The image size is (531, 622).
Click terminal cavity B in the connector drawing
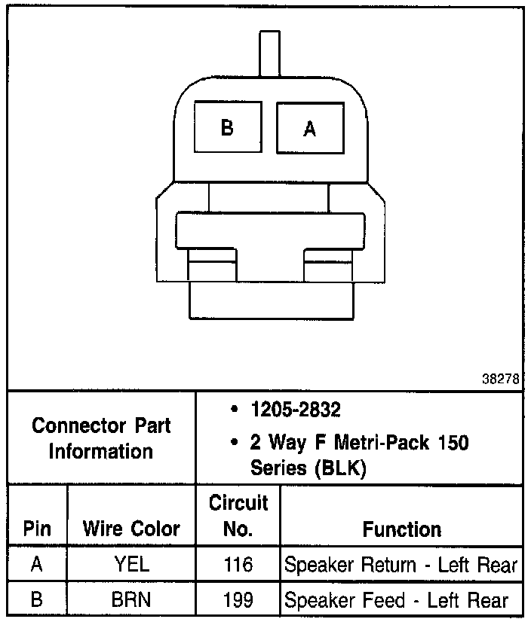click(227, 127)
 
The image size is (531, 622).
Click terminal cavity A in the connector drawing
click(309, 127)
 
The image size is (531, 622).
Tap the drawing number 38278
click(501, 380)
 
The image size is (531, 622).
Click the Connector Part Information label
click(101, 438)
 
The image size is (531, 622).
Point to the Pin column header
click(37, 529)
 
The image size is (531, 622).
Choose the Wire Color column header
click(131, 529)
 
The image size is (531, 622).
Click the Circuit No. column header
click(238, 515)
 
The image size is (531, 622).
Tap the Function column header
click(401, 529)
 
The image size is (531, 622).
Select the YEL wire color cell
click(131, 565)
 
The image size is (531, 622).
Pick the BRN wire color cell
click(131, 600)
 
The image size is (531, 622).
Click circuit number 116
click(238, 565)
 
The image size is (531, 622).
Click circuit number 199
click(238, 600)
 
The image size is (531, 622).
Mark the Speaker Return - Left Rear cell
click(401, 565)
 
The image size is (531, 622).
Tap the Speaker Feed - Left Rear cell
click(396, 600)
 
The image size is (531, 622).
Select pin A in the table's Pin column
click(37, 565)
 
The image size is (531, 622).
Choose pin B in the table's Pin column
click(37, 600)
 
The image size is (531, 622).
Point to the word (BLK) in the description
click(341, 468)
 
